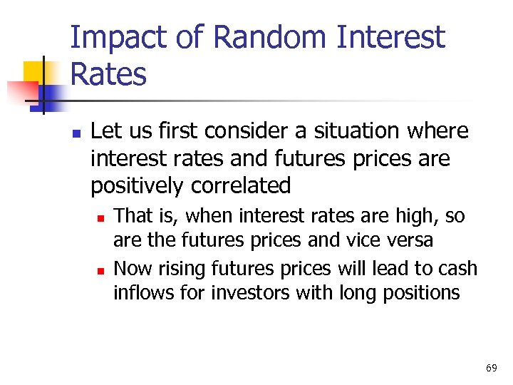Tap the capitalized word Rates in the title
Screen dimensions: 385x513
pyautogui.click(x=108, y=73)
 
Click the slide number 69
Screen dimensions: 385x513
pyautogui.click(x=491, y=368)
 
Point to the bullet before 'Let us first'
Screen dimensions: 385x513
pyautogui.click(x=76, y=133)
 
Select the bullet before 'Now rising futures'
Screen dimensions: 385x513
pyautogui.click(x=100, y=269)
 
